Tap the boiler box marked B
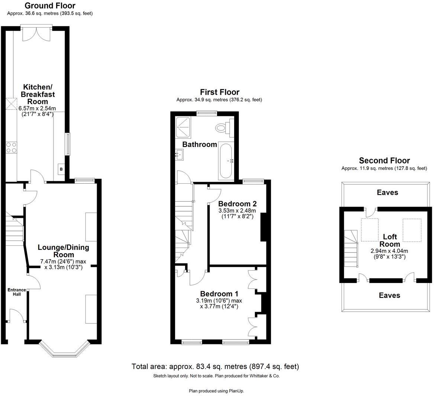tap(61, 170)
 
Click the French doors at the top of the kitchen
tap(36, 33)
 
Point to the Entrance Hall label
tap(17, 292)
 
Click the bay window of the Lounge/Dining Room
tap(64, 350)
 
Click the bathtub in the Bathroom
tap(226, 160)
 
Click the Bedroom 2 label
tap(237, 204)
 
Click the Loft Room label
tap(390, 240)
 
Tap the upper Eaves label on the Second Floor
tap(387, 192)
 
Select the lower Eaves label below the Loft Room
tap(389, 295)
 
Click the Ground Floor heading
tap(50, 6)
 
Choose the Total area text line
tap(215, 367)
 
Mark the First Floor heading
tap(219, 92)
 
